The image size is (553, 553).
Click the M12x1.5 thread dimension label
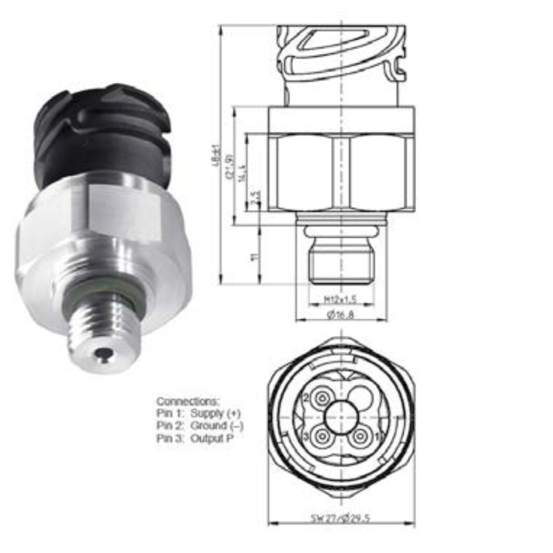point(340,299)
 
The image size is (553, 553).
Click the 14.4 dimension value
point(242,176)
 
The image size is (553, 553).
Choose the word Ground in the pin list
point(209,426)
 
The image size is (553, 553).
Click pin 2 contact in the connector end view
point(321,399)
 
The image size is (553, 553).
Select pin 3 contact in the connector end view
point(321,438)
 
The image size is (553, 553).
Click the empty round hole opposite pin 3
point(360,399)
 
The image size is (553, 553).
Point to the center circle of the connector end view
point(341,418)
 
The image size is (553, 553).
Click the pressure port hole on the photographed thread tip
point(104,355)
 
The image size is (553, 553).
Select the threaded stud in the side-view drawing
point(341,263)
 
